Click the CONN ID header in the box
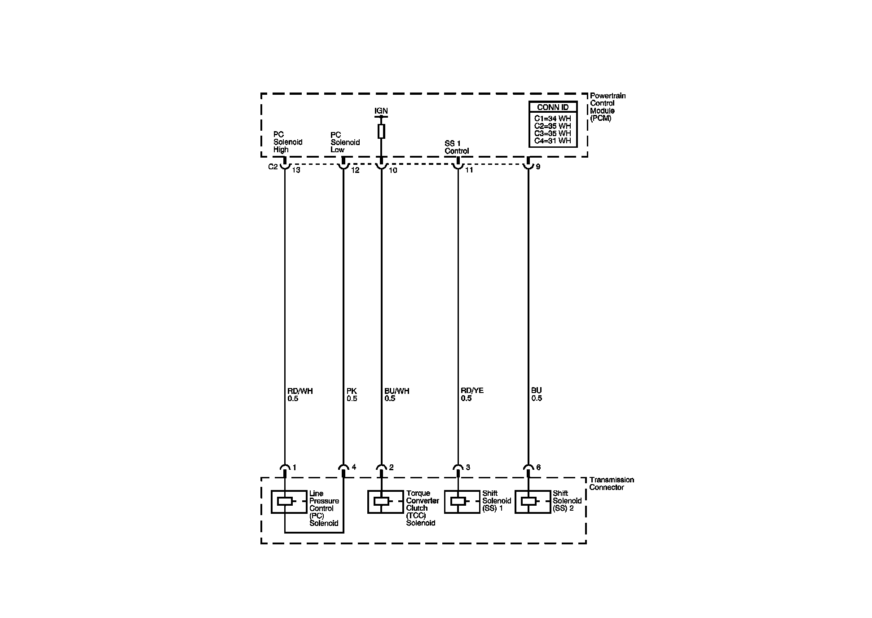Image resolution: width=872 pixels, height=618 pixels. pos(553,107)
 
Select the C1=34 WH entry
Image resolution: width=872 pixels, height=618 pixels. pos(552,119)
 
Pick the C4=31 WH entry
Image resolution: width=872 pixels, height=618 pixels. pos(552,141)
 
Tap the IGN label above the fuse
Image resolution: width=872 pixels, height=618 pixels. pos(381,111)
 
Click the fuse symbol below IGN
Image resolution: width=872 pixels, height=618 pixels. pos(381,131)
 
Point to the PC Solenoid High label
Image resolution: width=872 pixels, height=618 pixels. pos(287,142)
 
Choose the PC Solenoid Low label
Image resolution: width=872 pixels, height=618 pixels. pos(345,142)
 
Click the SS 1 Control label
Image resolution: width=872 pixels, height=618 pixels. pos(457,147)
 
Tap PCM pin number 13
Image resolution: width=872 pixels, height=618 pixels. pos(296,170)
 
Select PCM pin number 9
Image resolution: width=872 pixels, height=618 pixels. pos(538,167)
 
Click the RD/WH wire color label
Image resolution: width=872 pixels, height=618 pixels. pos(300,391)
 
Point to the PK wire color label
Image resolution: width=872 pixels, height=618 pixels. pos(352,391)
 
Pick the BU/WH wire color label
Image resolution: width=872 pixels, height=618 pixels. pos(397,391)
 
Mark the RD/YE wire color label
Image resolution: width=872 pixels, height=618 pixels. pos(472,391)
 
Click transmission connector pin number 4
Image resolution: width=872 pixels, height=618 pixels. pos(354,468)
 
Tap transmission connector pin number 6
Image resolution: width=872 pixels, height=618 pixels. pos(538,468)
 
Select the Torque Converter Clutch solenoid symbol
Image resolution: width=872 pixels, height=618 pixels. pos(381,502)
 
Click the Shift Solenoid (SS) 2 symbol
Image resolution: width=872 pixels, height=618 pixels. pos(528,502)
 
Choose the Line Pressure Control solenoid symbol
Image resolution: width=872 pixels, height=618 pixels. pos(285,502)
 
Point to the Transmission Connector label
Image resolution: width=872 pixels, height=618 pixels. pos(611,484)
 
